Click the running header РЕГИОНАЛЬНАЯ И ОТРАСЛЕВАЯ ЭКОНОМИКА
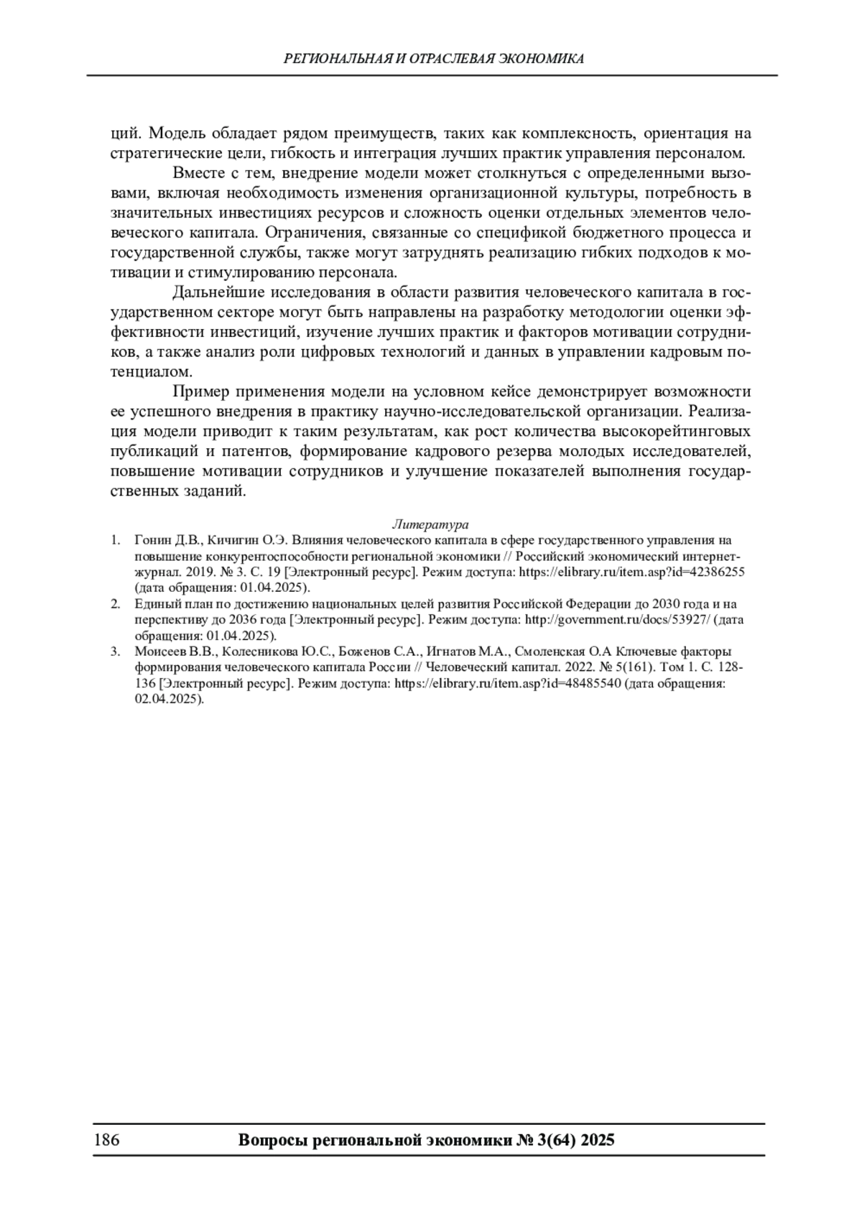tap(434, 59)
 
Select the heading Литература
tap(430, 524)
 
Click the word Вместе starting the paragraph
tap(198, 173)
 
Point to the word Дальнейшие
tap(210, 292)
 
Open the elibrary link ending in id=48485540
tap(508, 683)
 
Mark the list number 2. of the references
tap(115, 604)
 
